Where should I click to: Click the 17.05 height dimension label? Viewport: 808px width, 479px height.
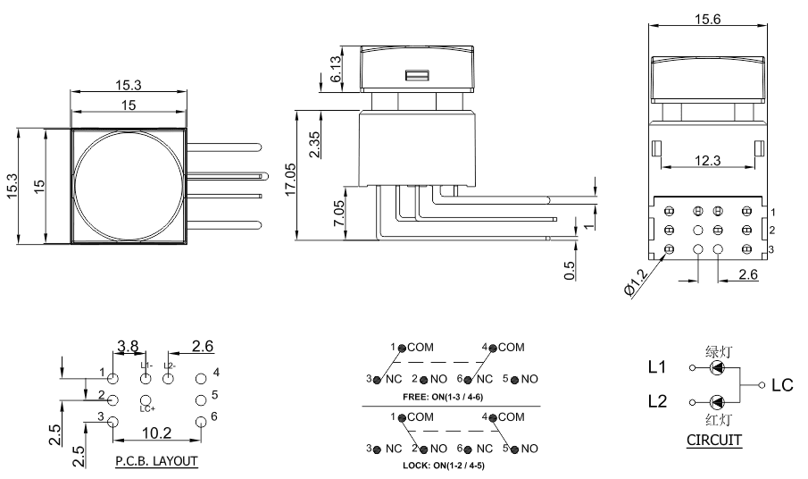click(x=290, y=179)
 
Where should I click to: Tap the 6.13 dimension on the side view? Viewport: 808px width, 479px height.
click(x=335, y=69)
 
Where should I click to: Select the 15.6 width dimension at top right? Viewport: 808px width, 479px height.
click(x=707, y=19)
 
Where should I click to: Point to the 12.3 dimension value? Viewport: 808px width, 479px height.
click(x=707, y=160)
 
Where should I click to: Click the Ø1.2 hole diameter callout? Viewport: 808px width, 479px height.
click(x=636, y=282)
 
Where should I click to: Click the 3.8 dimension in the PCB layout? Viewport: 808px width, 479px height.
click(x=128, y=346)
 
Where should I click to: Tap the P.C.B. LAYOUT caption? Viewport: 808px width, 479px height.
click(x=156, y=461)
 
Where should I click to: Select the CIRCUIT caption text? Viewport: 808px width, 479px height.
click(x=714, y=440)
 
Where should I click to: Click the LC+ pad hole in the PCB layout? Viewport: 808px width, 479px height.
click(x=146, y=400)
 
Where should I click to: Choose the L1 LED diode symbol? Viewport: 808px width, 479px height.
click(x=717, y=367)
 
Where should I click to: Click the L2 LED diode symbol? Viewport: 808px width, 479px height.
click(x=717, y=402)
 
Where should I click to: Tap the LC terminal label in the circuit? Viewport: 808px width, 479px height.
click(x=782, y=385)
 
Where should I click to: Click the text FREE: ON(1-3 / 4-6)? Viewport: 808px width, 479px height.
click(x=443, y=397)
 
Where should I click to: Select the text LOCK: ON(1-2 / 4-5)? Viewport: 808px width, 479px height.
click(x=443, y=466)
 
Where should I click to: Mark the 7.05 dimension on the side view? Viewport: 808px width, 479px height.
click(x=338, y=213)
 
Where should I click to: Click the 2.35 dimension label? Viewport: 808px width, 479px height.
click(x=313, y=145)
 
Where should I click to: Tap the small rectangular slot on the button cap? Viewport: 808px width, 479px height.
click(x=417, y=75)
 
